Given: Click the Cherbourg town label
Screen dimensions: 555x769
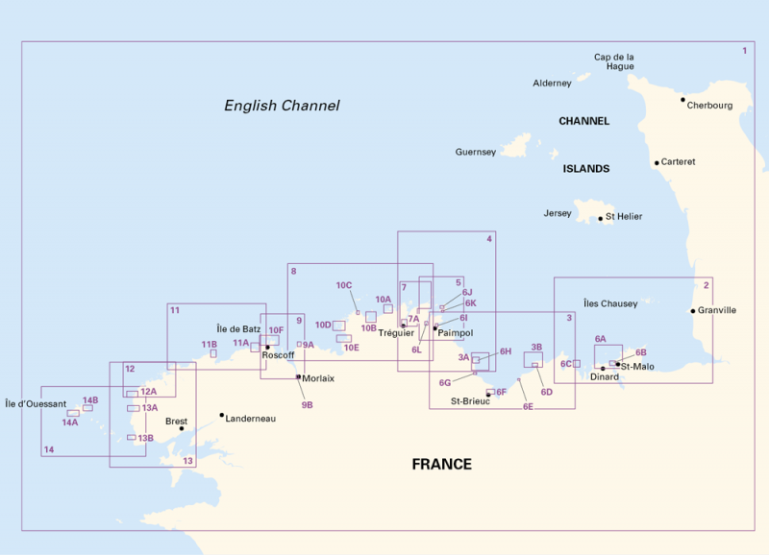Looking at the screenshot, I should pyautogui.click(x=710, y=106).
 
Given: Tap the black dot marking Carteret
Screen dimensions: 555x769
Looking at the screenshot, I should pyautogui.click(x=657, y=162).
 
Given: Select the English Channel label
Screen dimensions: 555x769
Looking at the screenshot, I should pyautogui.click(x=282, y=106).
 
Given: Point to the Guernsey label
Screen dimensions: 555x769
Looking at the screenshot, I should pyautogui.click(x=476, y=152).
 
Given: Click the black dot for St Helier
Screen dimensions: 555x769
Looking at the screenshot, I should pyautogui.click(x=601, y=218).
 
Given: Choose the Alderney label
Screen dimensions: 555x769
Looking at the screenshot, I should pyautogui.click(x=552, y=84).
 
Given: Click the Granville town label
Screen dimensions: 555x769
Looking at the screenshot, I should pyautogui.click(x=717, y=310).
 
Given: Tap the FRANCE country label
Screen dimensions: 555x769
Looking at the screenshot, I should pyautogui.click(x=441, y=465).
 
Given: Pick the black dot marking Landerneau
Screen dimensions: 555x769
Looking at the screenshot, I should pyautogui.click(x=222, y=415).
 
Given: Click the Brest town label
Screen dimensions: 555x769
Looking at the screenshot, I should pyautogui.click(x=177, y=421).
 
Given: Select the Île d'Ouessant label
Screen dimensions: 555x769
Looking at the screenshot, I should pyautogui.click(x=36, y=403).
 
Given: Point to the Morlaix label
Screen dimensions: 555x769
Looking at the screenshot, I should pyautogui.click(x=318, y=378).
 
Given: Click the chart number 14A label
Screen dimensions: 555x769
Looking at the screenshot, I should pyautogui.click(x=70, y=422).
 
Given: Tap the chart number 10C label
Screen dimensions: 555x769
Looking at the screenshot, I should pyautogui.click(x=344, y=285).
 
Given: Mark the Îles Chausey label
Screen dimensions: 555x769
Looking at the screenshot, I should pyautogui.click(x=610, y=303).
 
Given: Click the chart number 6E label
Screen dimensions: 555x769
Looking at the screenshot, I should pyautogui.click(x=528, y=407).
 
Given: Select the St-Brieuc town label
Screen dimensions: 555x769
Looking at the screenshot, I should pyautogui.click(x=471, y=400).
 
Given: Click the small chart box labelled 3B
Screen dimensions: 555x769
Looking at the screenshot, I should pyautogui.click(x=533, y=360).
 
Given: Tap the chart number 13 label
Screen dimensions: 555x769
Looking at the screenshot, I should pyautogui.click(x=187, y=461).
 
